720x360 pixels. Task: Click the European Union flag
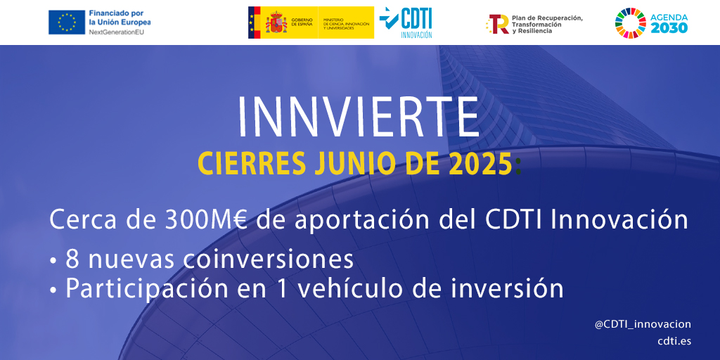67,22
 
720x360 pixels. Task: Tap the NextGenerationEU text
116,32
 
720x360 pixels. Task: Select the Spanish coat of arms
276,22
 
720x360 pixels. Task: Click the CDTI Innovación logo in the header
406,22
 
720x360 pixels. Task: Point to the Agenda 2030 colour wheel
631,23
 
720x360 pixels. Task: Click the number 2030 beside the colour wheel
669,28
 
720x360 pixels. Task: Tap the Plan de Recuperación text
547,18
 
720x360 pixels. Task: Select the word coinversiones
268,260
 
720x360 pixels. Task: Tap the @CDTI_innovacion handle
643,325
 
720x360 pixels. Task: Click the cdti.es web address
674,341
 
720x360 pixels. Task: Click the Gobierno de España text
301,22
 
